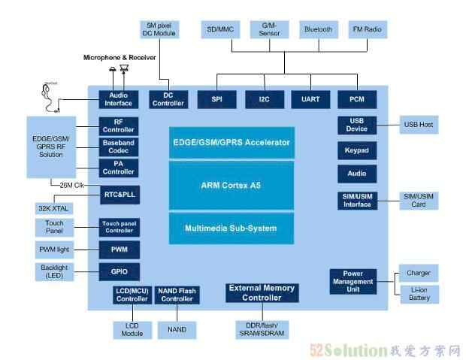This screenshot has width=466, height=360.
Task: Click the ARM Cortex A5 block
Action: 231,185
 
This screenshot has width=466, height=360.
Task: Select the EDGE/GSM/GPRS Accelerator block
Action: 231,142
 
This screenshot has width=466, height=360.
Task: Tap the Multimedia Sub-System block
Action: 231,228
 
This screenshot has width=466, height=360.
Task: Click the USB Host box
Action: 418,125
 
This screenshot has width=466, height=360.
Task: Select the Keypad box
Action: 357,150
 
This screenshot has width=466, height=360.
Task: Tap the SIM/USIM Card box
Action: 418,201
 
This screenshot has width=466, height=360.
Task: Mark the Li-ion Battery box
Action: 418,293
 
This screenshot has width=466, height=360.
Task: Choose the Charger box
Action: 418,273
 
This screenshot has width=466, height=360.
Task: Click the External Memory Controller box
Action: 261,292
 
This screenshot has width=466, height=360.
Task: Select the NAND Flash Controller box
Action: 177,294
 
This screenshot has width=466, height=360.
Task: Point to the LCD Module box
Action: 132,329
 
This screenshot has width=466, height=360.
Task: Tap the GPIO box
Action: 120,271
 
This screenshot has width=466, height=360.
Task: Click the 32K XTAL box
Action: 55,209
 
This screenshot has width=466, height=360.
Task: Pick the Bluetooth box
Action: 318,30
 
